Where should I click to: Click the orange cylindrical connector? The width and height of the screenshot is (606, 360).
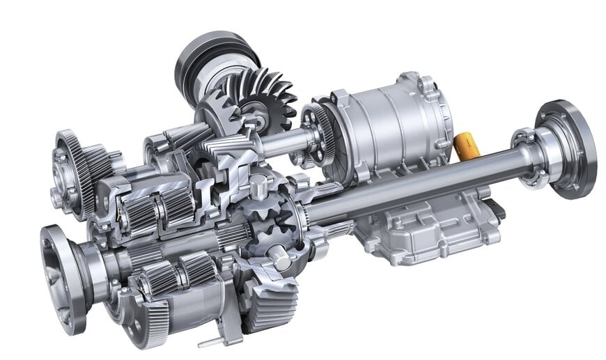(465, 146)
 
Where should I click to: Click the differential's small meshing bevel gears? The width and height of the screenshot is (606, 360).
(272, 223)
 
